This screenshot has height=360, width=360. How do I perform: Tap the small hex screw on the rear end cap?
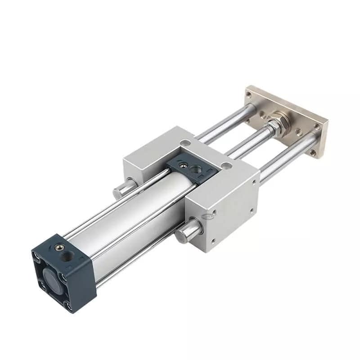(x=58, y=246)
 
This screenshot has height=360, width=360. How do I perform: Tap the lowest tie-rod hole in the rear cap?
(x=68, y=307)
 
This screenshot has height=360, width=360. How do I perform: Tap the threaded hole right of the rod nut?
(x=298, y=132)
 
